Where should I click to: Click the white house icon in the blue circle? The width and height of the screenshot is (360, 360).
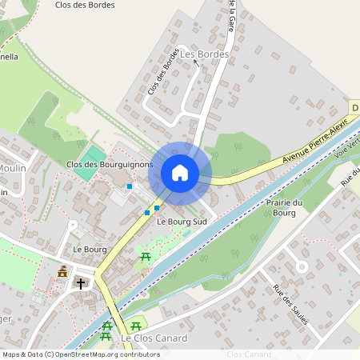(x=180, y=173)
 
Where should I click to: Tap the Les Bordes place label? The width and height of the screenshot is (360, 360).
(x=205, y=54)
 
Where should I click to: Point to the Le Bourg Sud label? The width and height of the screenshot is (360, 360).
(x=182, y=221)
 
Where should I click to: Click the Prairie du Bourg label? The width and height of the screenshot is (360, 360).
(x=286, y=207)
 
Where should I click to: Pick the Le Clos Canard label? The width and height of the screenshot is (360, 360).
(x=154, y=338)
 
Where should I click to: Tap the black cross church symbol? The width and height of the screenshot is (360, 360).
(x=80, y=283)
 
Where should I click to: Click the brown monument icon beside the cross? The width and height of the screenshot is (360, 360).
(x=62, y=274)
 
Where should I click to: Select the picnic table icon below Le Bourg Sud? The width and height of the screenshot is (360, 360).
(x=146, y=257)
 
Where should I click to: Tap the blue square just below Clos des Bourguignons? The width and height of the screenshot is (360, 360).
(x=130, y=186)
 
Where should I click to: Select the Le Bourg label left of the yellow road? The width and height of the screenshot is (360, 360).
(x=90, y=250)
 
